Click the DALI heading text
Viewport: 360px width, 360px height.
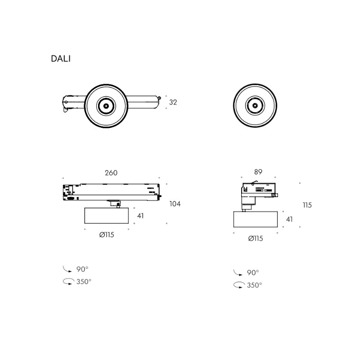click(x=61, y=59)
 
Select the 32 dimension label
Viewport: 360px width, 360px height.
click(x=173, y=102)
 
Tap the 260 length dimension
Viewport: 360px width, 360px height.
click(x=111, y=173)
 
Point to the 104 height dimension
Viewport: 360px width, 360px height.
click(x=175, y=204)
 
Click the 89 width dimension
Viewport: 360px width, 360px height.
click(x=258, y=172)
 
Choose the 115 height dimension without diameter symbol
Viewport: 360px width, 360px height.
click(x=307, y=205)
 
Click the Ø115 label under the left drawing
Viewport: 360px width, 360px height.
click(x=107, y=234)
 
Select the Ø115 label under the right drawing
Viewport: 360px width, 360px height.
click(x=256, y=238)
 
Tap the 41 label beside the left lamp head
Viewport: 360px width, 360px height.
click(x=140, y=216)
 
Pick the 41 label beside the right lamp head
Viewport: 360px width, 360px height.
click(x=289, y=219)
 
